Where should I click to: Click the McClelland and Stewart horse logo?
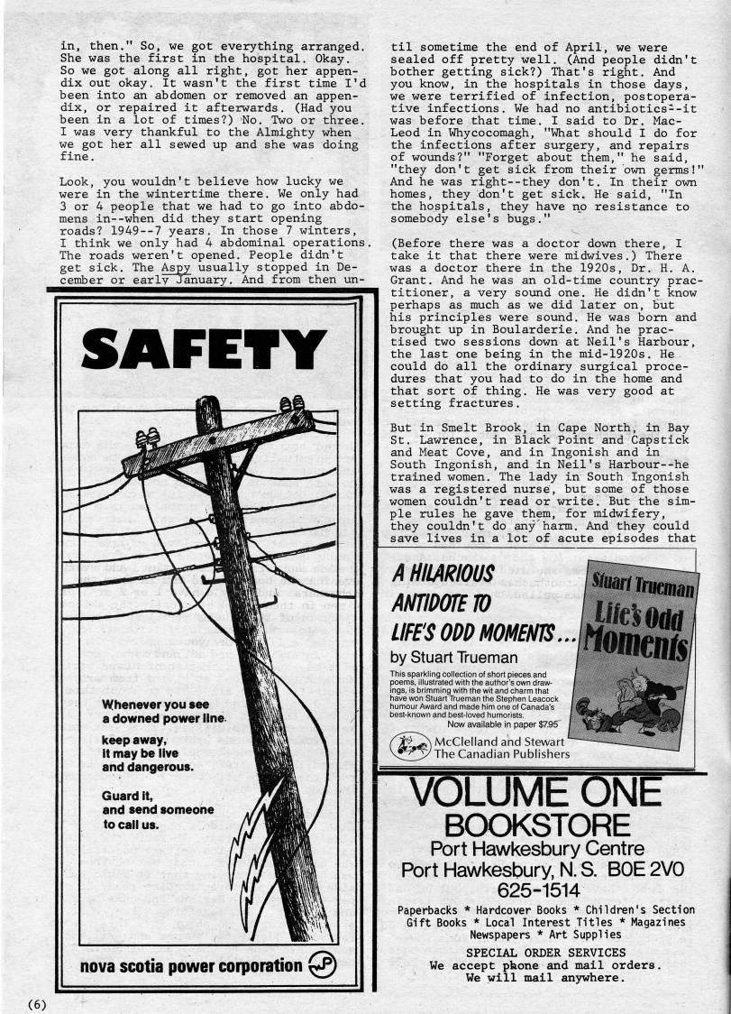(410, 745)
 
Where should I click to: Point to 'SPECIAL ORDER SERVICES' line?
(544, 952)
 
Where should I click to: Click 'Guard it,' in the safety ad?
(128, 797)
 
